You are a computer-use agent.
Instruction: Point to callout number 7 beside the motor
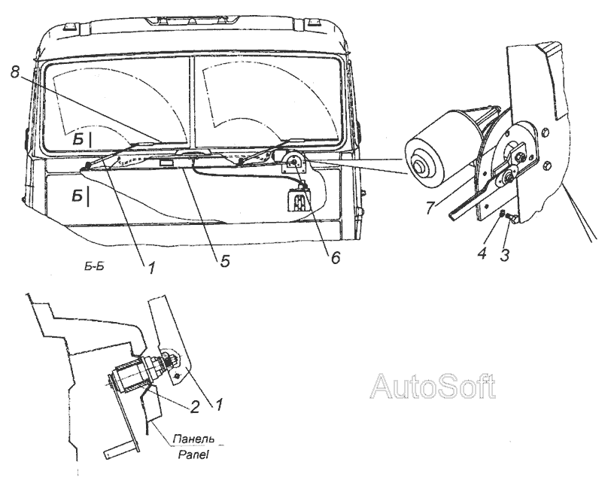click(x=429, y=207)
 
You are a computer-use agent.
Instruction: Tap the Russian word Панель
click(x=193, y=439)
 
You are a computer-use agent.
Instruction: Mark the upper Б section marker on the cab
click(x=81, y=140)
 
